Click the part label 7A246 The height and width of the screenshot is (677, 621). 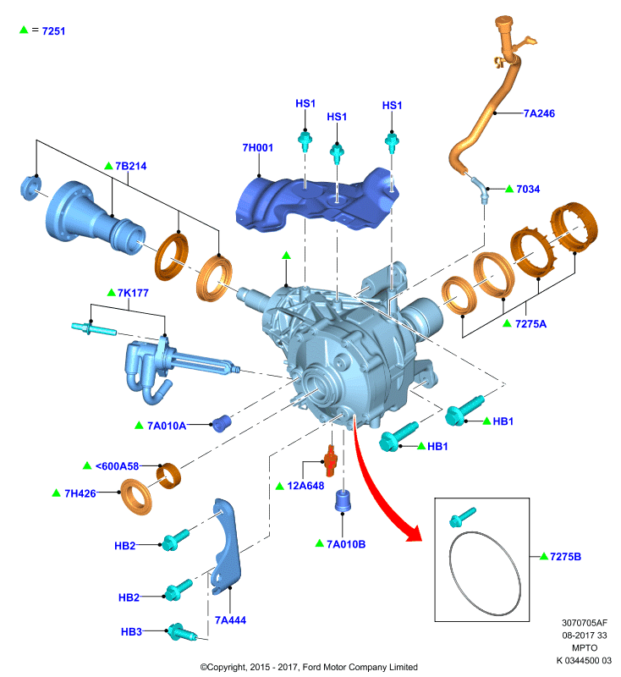pyautogui.click(x=539, y=113)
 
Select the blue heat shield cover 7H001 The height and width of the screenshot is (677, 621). pyautogui.click(x=317, y=201)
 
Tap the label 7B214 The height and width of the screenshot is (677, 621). pyautogui.click(x=131, y=166)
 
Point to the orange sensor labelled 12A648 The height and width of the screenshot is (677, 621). pyautogui.click(x=331, y=461)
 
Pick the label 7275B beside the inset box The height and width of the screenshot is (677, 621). pyautogui.click(x=565, y=557)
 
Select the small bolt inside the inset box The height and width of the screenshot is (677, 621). pyautogui.click(x=462, y=517)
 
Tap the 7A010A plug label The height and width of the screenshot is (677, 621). pyautogui.click(x=167, y=427)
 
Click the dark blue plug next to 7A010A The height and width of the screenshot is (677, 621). pyautogui.click(x=222, y=424)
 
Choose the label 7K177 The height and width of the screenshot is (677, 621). pyautogui.click(x=133, y=293)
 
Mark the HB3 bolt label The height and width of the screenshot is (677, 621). pyautogui.click(x=131, y=632)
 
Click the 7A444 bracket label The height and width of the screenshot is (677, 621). pyautogui.click(x=230, y=620)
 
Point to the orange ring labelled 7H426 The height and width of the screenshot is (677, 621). pyautogui.click(x=136, y=498)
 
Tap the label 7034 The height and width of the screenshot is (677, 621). pyautogui.click(x=528, y=189)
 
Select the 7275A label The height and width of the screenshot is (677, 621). pyautogui.click(x=530, y=324)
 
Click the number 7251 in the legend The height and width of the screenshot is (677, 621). pyautogui.click(x=53, y=31)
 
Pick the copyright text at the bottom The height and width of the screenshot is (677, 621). pyautogui.click(x=309, y=667)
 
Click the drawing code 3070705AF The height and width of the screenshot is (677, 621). pyautogui.click(x=585, y=623)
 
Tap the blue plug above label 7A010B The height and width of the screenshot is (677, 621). pyautogui.click(x=343, y=501)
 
